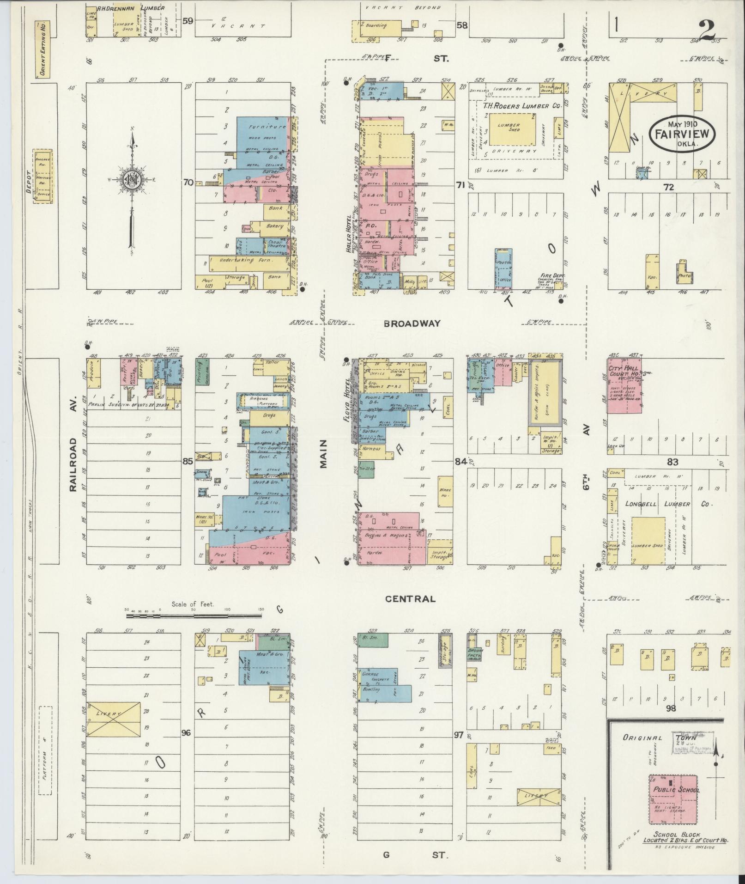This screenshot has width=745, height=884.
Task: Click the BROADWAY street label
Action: [412, 323]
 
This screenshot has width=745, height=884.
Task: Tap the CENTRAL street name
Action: [410, 599]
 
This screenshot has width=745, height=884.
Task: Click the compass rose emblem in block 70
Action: [133, 179]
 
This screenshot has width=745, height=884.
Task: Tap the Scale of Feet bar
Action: [194, 616]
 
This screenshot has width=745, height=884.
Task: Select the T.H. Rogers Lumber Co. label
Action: [521, 106]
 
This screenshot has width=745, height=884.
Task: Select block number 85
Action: [187, 461]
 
